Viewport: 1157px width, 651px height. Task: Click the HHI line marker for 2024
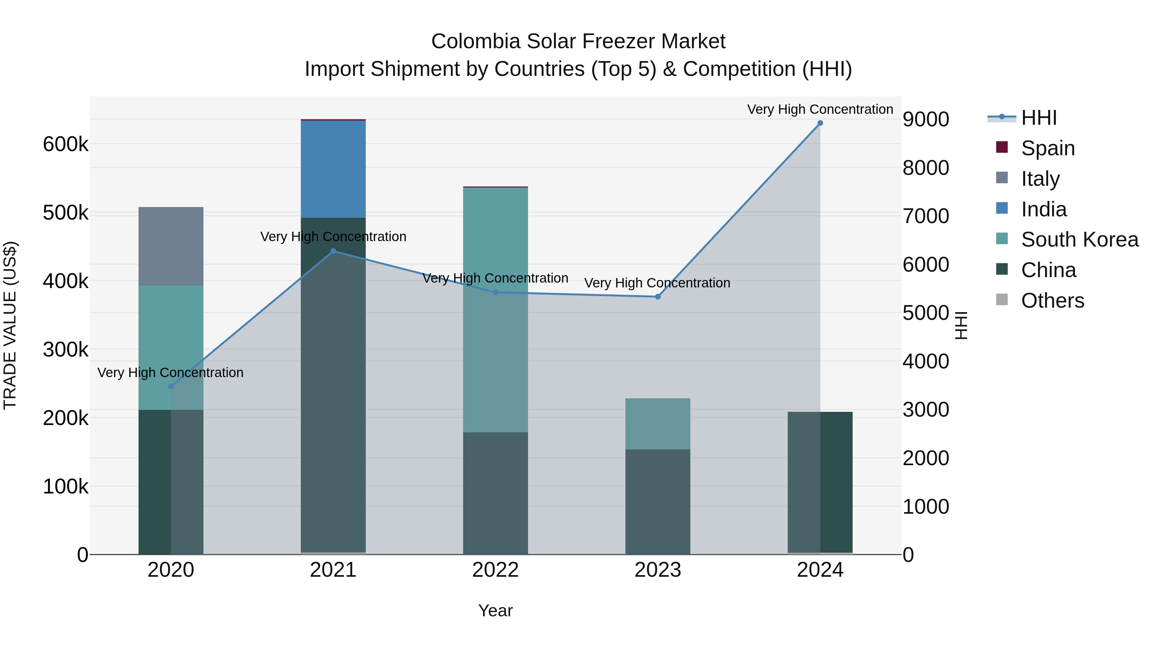(x=820, y=123)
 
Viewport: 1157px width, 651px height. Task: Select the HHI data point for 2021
(x=333, y=251)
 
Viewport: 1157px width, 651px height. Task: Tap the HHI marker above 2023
(x=658, y=296)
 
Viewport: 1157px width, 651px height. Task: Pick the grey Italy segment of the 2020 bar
(x=171, y=246)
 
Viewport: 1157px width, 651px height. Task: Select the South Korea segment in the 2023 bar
(x=658, y=424)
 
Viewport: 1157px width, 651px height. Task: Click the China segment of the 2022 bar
(x=495, y=493)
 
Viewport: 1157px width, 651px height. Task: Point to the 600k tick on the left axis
(x=66, y=145)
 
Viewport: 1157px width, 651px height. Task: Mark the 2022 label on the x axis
(x=495, y=570)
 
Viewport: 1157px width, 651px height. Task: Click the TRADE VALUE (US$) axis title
(x=10, y=325)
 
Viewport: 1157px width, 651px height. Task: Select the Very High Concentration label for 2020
(x=171, y=373)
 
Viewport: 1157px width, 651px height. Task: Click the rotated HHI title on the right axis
(x=961, y=325)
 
